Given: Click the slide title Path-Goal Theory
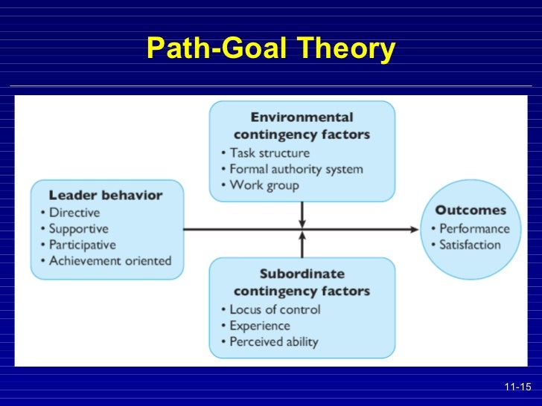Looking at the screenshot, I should [x=271, y=48].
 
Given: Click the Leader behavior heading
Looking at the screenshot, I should [x=106, y=196].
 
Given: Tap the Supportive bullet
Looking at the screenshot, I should [x=79, y=228].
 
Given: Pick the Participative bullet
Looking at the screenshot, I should [x=83, y=245].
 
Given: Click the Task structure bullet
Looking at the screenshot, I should [x=270, y=152].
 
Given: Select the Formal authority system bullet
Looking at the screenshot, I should [x=296, y=169].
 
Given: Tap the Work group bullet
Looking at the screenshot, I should [x=264, y=184].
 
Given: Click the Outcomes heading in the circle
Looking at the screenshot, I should [x=471, y=210].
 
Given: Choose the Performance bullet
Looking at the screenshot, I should [x=474, y=228].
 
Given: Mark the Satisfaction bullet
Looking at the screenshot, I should [x=470, y=245].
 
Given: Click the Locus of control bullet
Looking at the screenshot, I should [x=275, y=309].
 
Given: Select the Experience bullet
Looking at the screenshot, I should [x=260, y=325].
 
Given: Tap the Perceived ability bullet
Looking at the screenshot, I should [x=273, y=341].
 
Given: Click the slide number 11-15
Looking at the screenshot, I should [x=517, y=387].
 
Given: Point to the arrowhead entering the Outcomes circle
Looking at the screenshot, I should [x=415, y=229].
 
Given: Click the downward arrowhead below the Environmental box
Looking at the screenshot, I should [x=302, y=222].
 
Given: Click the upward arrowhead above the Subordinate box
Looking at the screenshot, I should [x=302, y=236].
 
